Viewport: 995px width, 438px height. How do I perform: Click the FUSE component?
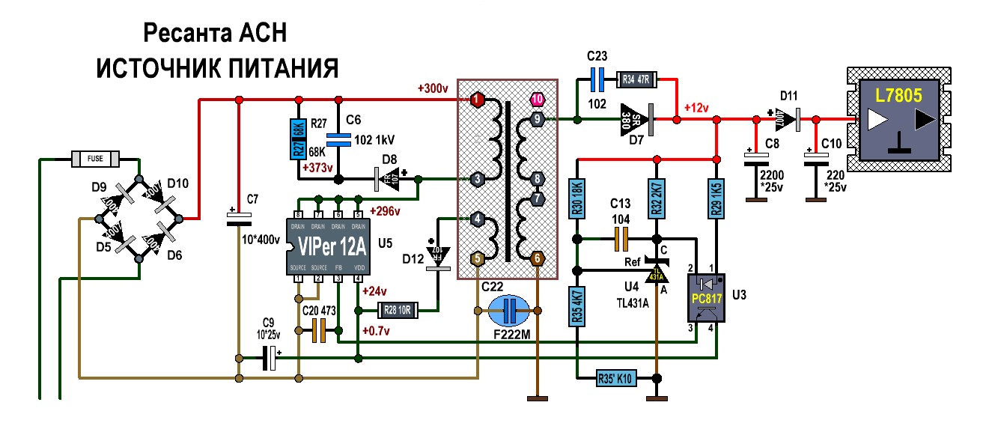pyautogui.click(x=95, y=159)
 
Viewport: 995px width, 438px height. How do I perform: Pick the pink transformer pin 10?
pyautogui.click(x=536, y=99)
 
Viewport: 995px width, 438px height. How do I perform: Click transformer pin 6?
pyautogui.click(x=537, y=258)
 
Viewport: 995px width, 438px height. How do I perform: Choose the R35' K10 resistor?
pyautogui.click(x=615, y=379)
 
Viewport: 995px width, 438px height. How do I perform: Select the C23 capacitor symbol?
pyautogui.click(x=597, y=78)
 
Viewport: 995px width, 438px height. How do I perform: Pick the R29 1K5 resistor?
pyautogui.click(x=716, y=197)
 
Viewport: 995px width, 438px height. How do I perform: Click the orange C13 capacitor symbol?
pyautogui.click(x=621, y=240)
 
